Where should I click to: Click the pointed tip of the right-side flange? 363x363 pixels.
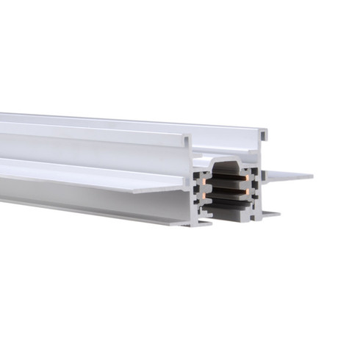pyautogui.click(x=312, y=176)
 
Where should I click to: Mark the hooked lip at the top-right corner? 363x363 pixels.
pyautogui.click(x=263, y=134)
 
